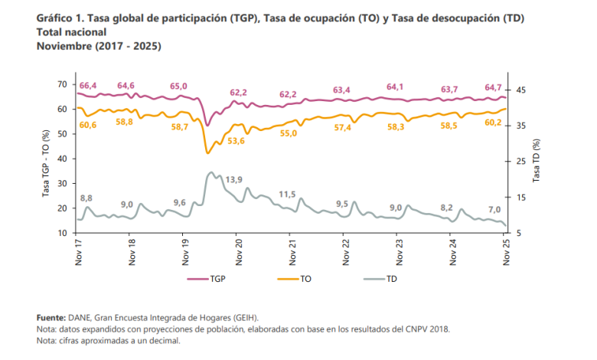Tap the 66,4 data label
click(86, 85)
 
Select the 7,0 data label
click(494, 210)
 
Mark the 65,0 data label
click(178, 86)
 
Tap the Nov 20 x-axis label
click(239, 252)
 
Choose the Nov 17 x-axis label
click(78, 252)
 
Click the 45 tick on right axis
click(522, 90)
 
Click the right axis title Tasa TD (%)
click(537, 159)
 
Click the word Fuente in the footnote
click(51, 317)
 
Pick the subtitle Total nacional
click(71, 33)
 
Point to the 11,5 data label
click(287, 194)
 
